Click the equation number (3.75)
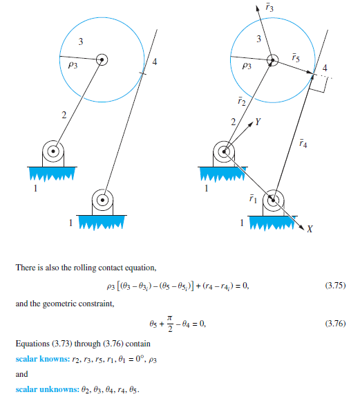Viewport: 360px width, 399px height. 337,286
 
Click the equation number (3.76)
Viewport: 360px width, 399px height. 337,324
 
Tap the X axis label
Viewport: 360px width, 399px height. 310,230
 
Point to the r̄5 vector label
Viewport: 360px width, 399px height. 295,57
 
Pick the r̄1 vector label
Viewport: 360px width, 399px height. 253,199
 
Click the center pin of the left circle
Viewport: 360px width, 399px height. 102,59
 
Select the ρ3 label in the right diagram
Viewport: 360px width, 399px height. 246,66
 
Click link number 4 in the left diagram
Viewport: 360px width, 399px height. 154,63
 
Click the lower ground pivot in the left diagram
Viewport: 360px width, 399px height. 102,201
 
